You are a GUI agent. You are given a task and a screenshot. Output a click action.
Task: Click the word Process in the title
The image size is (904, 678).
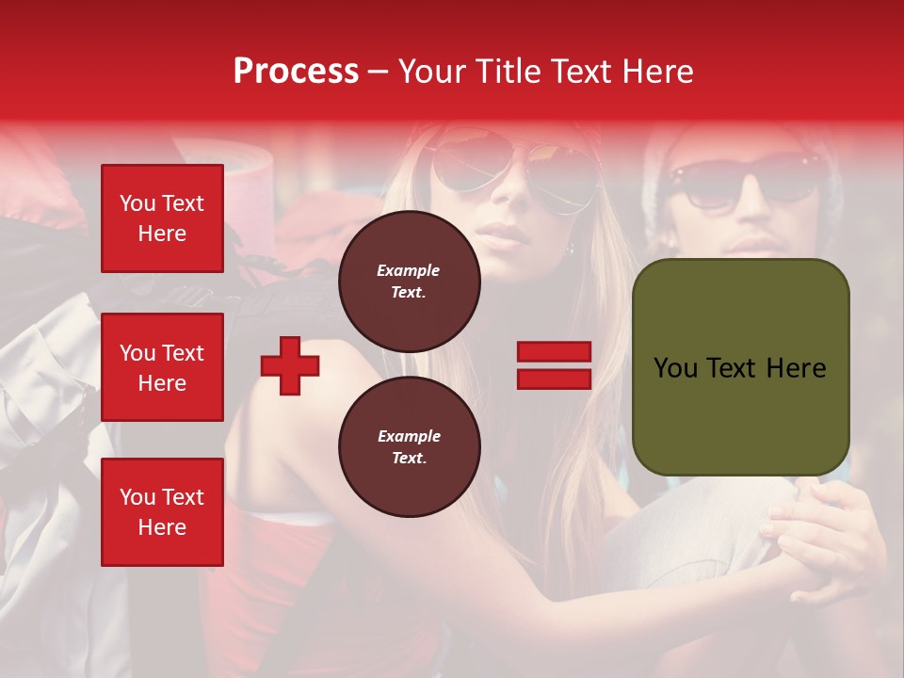296,72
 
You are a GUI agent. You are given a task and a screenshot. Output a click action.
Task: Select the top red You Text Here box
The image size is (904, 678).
162,218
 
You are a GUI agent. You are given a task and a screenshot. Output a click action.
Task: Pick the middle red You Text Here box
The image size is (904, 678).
162,367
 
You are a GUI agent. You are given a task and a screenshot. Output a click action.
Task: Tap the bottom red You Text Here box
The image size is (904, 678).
162,512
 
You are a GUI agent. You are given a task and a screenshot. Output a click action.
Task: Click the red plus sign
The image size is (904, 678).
290,365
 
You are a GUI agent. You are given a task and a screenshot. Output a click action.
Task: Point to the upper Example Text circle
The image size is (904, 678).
409,281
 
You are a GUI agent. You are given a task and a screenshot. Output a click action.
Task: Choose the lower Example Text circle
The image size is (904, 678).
409,446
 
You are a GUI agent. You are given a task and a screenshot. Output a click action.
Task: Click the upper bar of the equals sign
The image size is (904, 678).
554,352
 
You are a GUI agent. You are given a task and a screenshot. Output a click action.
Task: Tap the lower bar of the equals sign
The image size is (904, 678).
554,379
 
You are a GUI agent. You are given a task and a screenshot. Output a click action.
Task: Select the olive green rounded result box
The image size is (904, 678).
740,367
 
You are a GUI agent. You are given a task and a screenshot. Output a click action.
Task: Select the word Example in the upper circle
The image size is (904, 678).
409,270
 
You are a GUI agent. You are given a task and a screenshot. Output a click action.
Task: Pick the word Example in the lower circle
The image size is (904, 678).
409,436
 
